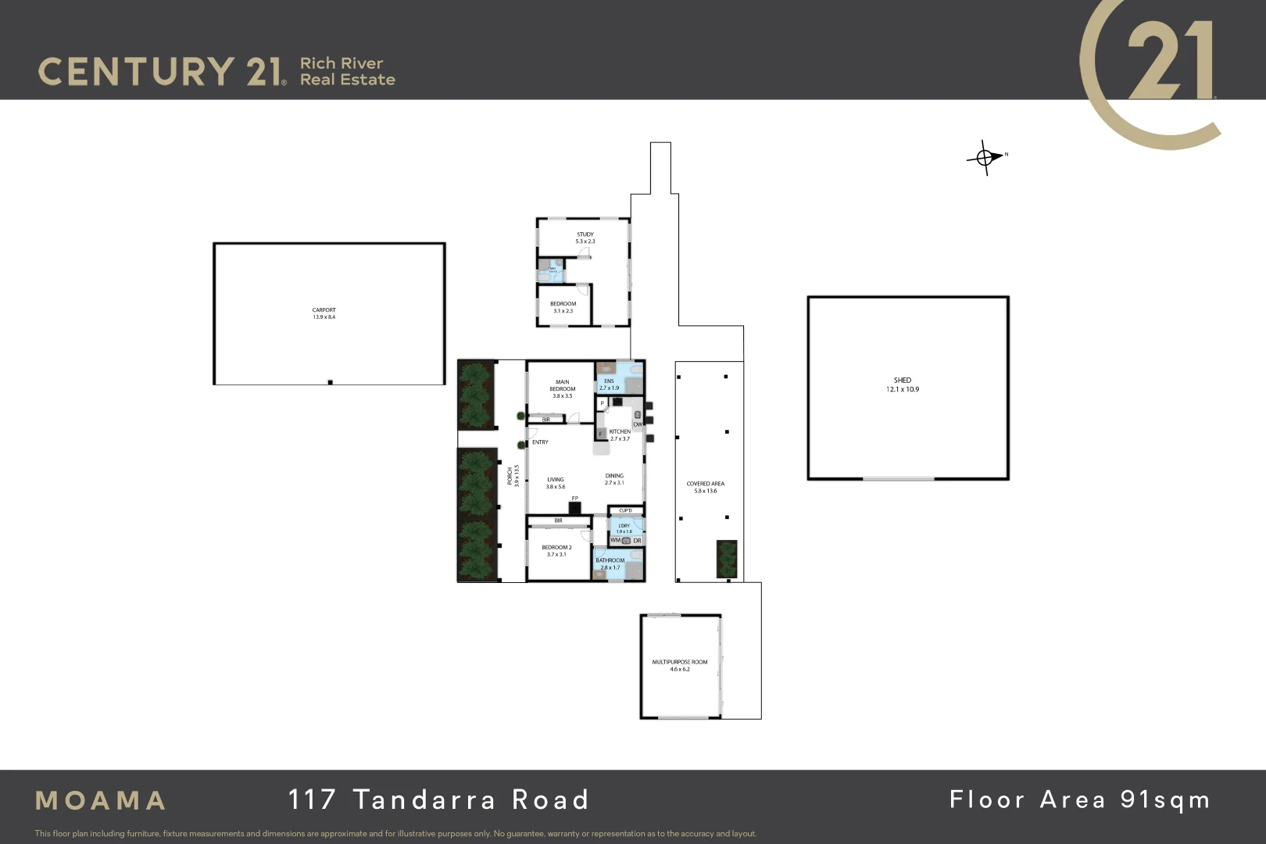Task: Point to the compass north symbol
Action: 986,157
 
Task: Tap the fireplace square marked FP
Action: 575,507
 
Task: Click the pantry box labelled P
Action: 602,403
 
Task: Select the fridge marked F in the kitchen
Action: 600,434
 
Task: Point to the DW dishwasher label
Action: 638,424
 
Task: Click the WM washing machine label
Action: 615,540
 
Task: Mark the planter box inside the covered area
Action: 727,559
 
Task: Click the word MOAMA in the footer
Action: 101,800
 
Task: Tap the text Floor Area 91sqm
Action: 1079,799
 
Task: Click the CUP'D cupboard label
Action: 625,511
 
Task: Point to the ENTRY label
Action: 540,442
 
